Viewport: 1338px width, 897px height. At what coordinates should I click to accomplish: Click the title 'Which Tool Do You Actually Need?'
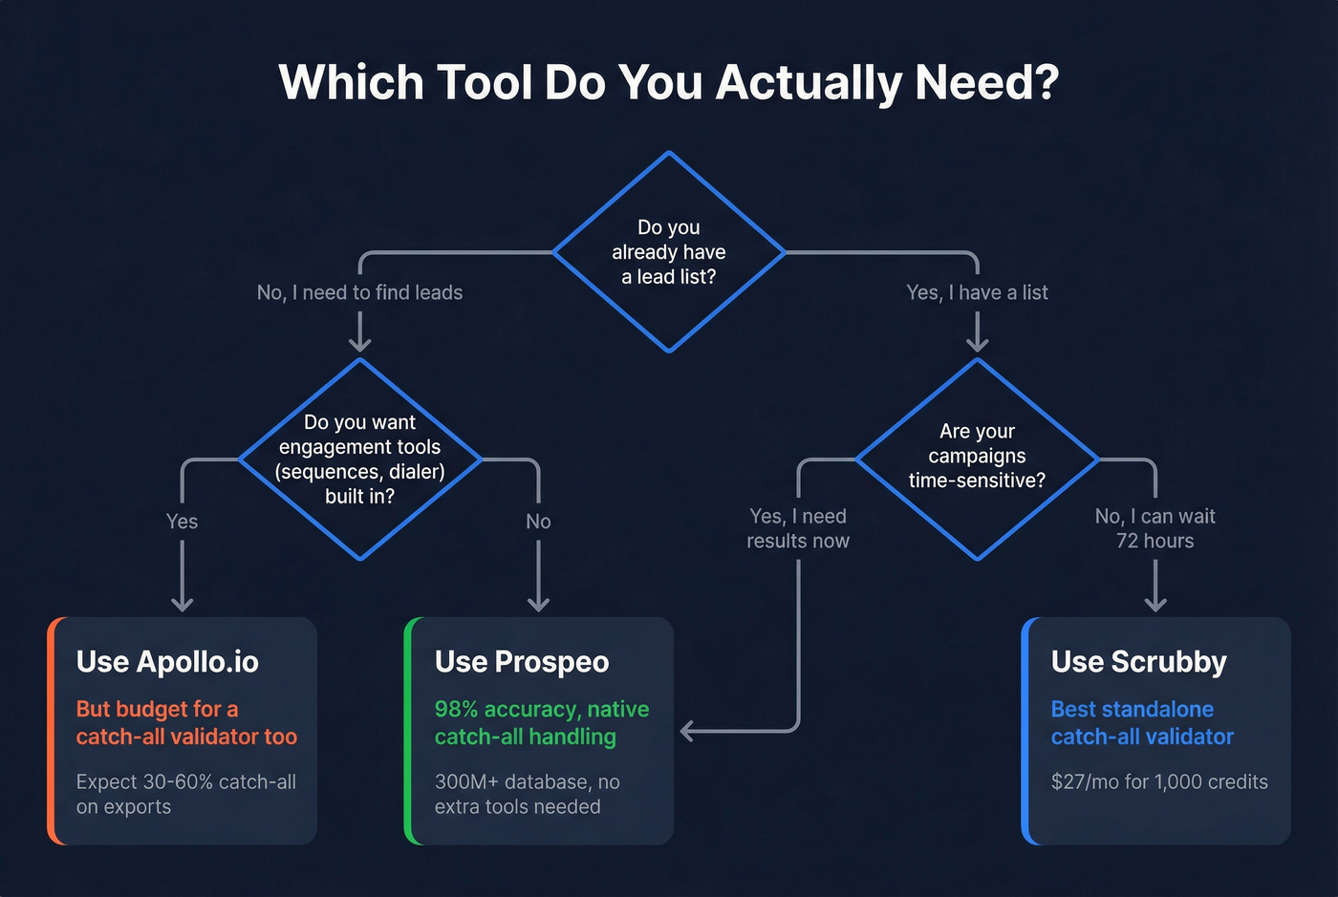pyautogui.click(x=669, y=82)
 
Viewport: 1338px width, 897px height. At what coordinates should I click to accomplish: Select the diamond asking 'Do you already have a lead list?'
pyautogui.click(x=669, y=252)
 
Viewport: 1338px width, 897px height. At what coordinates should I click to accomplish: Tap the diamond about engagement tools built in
pyautogui.click(x=359, y=459)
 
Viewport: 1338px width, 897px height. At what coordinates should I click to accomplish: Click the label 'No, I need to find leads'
pyautogui.click(x=359, y=292)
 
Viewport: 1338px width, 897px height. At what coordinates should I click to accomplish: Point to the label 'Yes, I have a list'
pyautogui.click(x=977, y=292)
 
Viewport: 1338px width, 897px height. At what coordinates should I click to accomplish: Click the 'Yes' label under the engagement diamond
pyautogui.click(x=182, y=522)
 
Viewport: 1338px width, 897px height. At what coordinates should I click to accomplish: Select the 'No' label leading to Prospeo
pyautogui.click(x=538, y=522)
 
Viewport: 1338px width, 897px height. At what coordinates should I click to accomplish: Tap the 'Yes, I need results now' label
pyautogui.click(x=798, y=528)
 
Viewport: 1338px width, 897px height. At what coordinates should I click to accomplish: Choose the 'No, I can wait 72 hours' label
pyautogui.click(x=1155, y=528)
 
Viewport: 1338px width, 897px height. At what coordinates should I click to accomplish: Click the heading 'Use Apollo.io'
pyautogui.click(x=167, y=662)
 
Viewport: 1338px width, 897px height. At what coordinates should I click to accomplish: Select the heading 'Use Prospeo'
pyautogui.click(x=522, y=662)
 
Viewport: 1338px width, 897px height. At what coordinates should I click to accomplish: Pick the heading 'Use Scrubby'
pyautogui.click(x=1138, y=662)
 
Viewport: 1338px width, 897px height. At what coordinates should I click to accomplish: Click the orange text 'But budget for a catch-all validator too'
pyautogui.click(x=186, y=723)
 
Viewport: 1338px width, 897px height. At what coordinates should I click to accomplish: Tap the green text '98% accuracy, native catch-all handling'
pyautogui.click(x=541, y=723)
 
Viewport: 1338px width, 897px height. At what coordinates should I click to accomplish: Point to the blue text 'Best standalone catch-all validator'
pyautogui.click(x=1142, y=723)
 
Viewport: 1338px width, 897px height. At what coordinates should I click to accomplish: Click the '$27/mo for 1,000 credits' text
pyautogui.click(x=1159, y=781)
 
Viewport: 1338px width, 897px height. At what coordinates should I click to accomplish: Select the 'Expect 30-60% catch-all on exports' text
pyautogui.click(x=186, y=794)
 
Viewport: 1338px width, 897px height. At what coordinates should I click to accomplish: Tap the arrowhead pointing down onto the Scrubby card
pyautogui.click(x=1155, y=604)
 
